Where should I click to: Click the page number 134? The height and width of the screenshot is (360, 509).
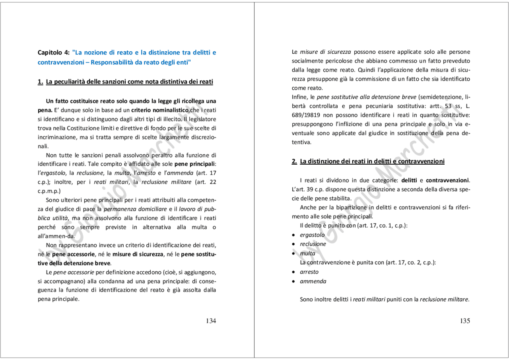click(211, 321)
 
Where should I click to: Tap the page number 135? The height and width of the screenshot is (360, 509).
click(465, 321)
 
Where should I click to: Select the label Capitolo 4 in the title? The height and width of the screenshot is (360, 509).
click(54, 53)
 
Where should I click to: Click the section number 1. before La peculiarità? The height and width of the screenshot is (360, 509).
click(40, 82)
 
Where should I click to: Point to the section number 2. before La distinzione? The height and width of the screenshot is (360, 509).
click(294, 161)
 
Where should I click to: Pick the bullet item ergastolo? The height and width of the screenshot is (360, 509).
click(312, 235)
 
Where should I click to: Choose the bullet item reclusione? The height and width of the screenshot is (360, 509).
click(313, 244)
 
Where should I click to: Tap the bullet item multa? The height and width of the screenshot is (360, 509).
click(307, 253)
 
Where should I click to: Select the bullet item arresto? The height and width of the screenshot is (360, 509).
click(309, 272)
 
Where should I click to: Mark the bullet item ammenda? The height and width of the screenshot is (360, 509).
click(313, 281)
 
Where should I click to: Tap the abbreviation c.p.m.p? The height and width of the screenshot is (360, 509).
click(49, 191)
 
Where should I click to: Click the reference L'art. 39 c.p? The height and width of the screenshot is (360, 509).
click(307, 189)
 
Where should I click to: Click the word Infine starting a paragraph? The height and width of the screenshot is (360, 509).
click(299, 97)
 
